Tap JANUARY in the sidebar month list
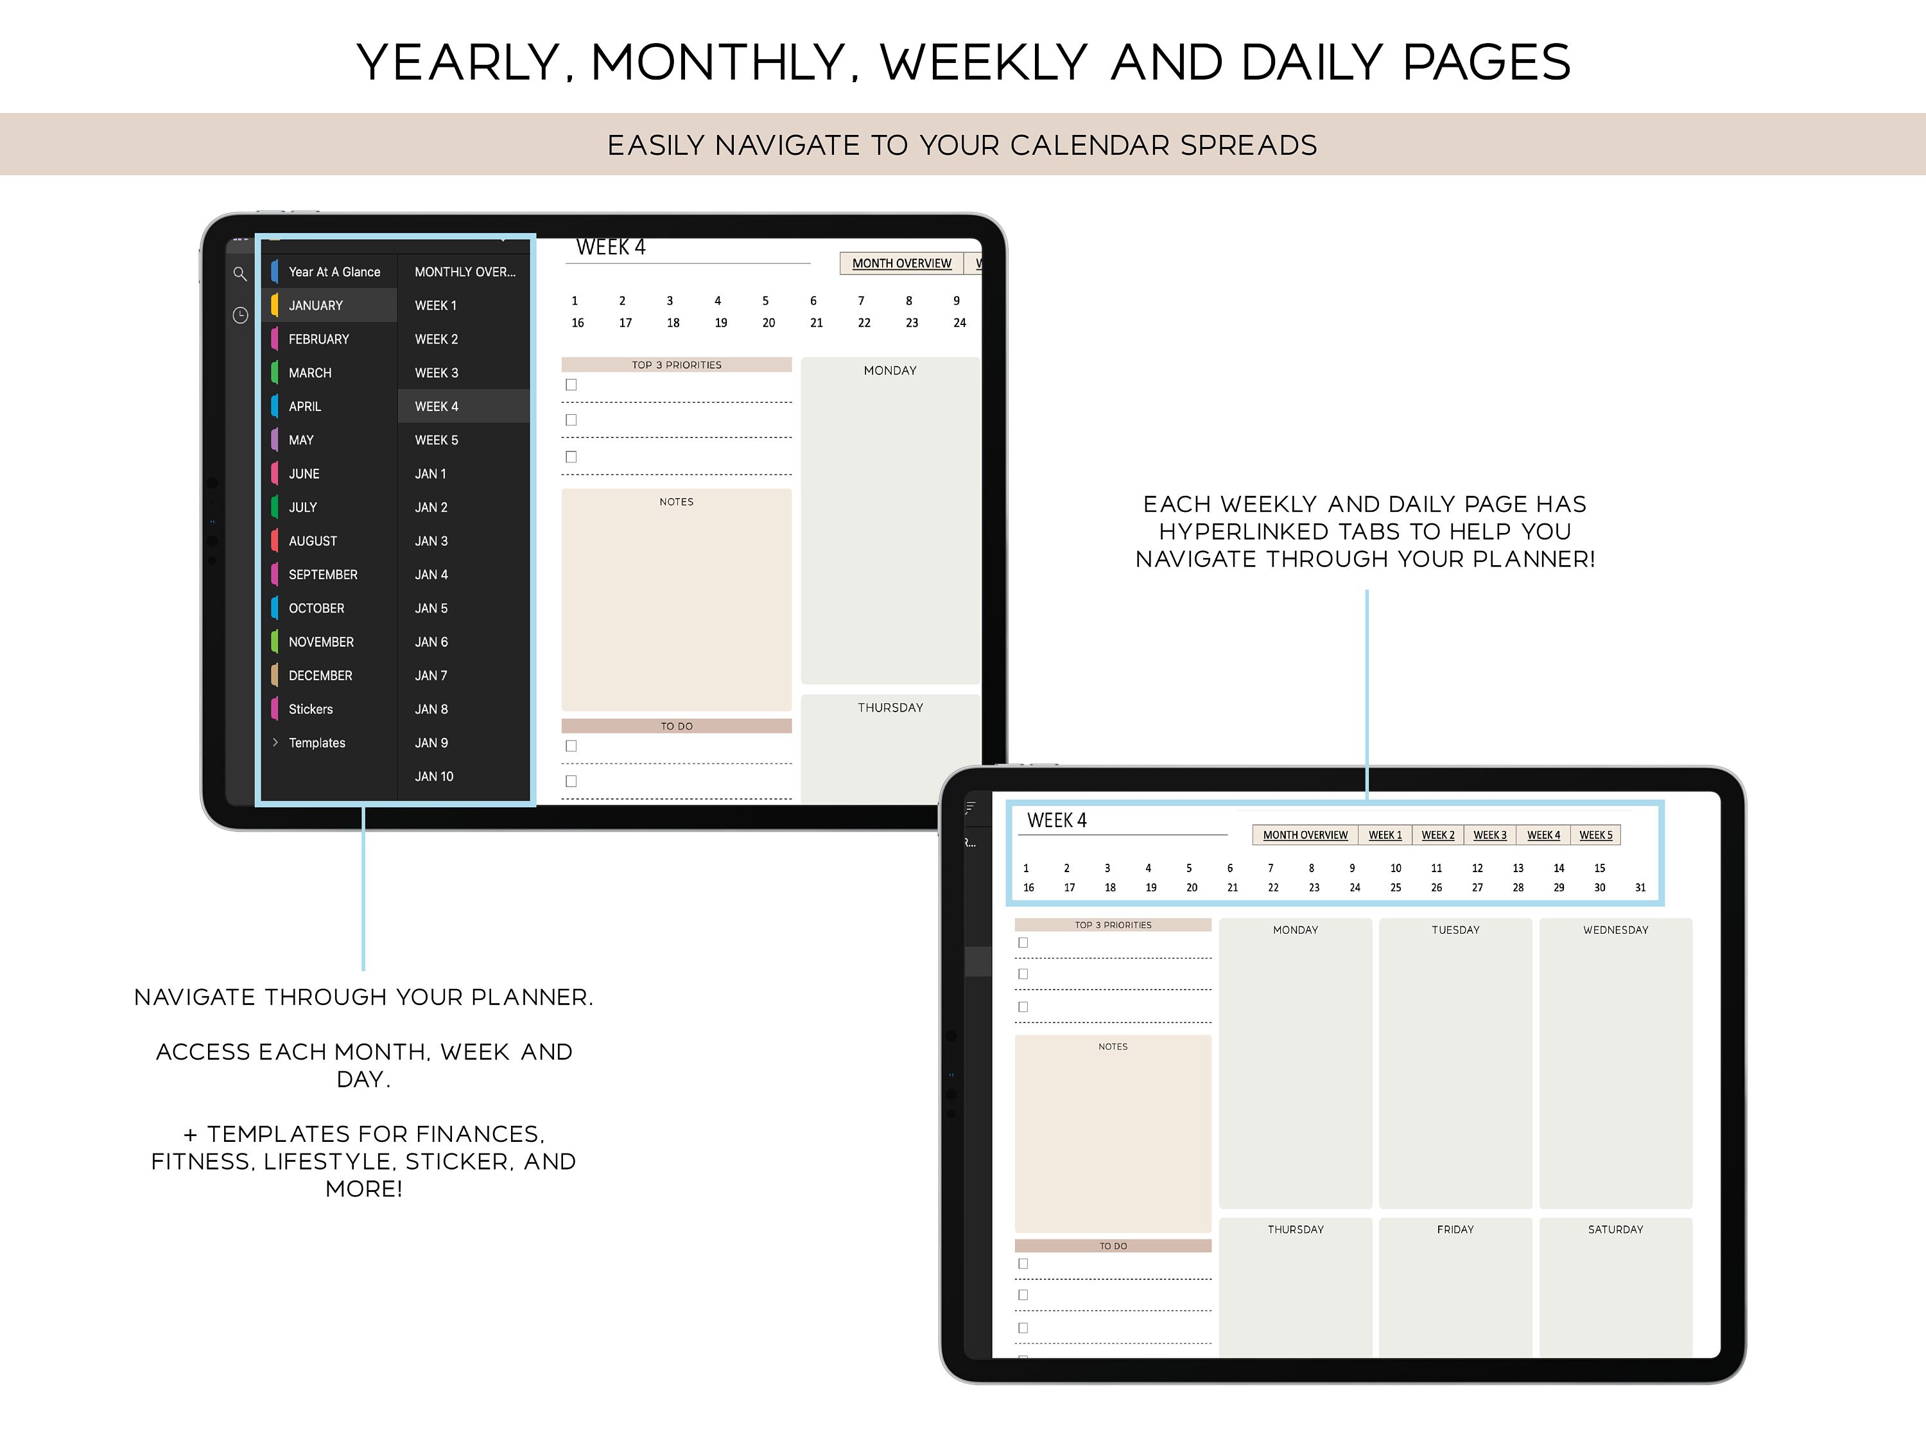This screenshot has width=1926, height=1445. point(315,306)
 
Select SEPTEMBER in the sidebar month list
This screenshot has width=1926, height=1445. point(322,575)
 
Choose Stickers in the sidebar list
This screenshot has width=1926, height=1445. point(310,709)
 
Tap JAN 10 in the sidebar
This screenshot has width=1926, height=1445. point(433,776)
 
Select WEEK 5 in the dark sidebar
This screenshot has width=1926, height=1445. point(436,440)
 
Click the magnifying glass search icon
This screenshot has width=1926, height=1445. point(239,274)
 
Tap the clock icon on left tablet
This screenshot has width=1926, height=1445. point(240,315)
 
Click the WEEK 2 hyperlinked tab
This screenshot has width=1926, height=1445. point(1437,836)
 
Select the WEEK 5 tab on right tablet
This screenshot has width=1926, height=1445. point(1595,836)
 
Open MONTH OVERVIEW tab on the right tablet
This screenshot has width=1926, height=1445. point(1305,836)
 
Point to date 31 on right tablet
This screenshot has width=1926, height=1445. point(1640,888)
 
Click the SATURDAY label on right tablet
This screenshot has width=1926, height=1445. point(1615,1229)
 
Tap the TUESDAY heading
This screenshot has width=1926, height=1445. point(1455,930)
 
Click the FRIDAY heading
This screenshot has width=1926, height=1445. point(1455,1229)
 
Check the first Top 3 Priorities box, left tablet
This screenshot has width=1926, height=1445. point(571,385)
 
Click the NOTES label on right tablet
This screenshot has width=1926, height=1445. point(1113,1047)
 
